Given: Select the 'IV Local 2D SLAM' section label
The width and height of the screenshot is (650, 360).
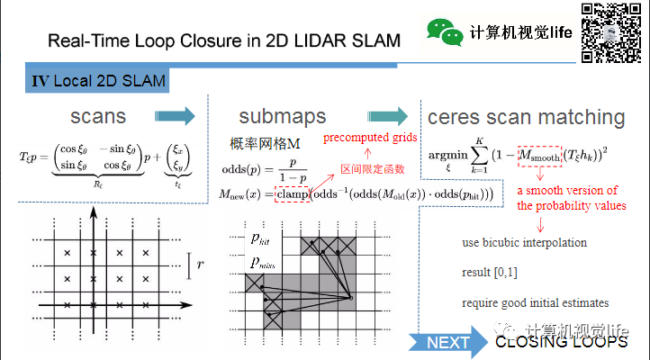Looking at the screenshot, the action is (98, 81).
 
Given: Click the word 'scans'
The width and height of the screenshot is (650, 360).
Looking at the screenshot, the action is (98, 117).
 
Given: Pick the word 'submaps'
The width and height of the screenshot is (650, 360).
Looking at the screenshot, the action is (283, 117).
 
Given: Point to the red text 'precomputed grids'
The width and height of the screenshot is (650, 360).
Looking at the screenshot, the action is (371, 138).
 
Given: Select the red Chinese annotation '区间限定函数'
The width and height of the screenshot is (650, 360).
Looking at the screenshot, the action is (373, 169).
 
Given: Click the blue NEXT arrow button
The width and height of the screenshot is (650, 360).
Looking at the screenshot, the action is (444, 342).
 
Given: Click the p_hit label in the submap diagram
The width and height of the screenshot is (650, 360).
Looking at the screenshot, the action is (263, 239).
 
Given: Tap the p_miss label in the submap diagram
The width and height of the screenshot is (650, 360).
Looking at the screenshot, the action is (265, 262).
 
